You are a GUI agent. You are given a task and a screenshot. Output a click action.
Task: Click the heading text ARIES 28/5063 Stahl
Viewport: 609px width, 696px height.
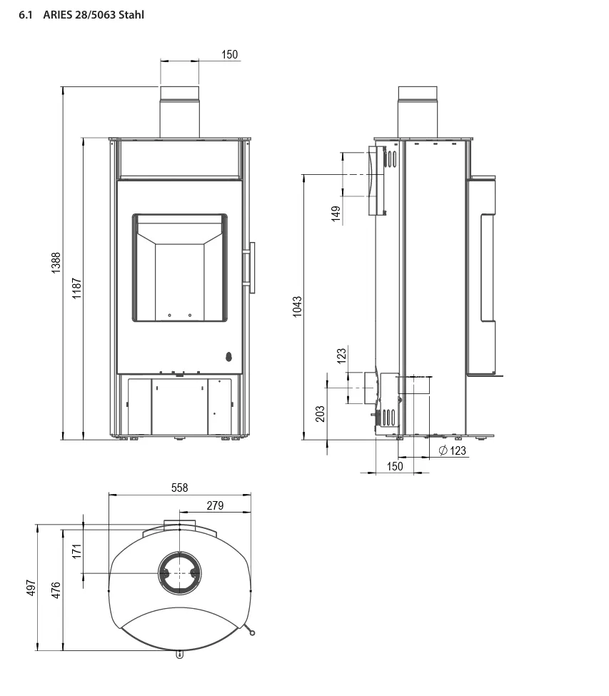94,15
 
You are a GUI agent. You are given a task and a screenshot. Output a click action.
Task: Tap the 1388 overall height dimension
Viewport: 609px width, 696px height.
56,263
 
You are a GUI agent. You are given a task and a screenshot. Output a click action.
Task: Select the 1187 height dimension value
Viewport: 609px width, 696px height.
77,288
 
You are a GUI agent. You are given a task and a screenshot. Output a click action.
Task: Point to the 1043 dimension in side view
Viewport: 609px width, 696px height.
297,307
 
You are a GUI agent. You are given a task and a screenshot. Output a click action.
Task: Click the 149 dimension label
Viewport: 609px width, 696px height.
336,213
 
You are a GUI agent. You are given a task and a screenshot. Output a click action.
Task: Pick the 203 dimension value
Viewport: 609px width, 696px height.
320,414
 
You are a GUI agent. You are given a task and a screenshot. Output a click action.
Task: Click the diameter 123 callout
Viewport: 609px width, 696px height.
453,450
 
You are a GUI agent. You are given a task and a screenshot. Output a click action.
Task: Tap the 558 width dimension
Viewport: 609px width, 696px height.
180,488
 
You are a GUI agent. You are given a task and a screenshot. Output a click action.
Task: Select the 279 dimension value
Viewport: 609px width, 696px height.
216,505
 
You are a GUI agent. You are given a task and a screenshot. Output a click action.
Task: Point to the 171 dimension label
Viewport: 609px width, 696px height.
77,551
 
